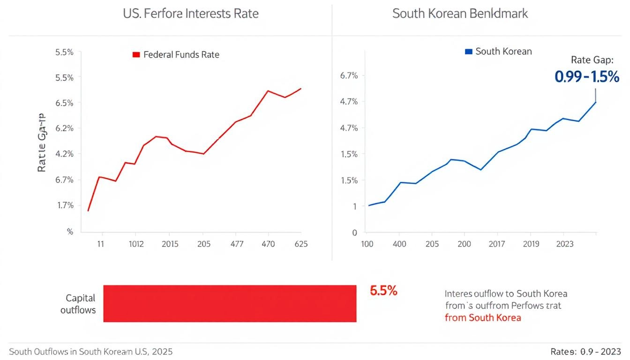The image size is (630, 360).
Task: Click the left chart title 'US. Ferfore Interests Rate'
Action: (190, 13)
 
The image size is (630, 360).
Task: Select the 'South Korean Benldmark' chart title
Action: (460, 13)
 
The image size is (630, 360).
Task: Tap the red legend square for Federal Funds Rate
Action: (136, 55)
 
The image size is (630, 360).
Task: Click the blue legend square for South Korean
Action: (468, 52)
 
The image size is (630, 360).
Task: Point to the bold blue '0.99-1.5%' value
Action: (587, 76)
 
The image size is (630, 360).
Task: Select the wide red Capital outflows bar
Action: (230, 303)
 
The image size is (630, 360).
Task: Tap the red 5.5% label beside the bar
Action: (383, 291)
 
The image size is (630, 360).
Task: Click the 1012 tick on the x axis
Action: (136, 244)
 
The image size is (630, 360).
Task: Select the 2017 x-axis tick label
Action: (496, 244)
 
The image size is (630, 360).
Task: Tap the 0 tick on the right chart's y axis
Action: (354, 232)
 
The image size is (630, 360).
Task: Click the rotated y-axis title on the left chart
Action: (42, 142)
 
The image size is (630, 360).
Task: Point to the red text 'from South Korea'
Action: (482, 317)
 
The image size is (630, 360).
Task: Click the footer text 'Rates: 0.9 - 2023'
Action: (586, 351)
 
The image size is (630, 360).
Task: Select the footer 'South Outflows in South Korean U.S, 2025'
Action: (91, 351)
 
